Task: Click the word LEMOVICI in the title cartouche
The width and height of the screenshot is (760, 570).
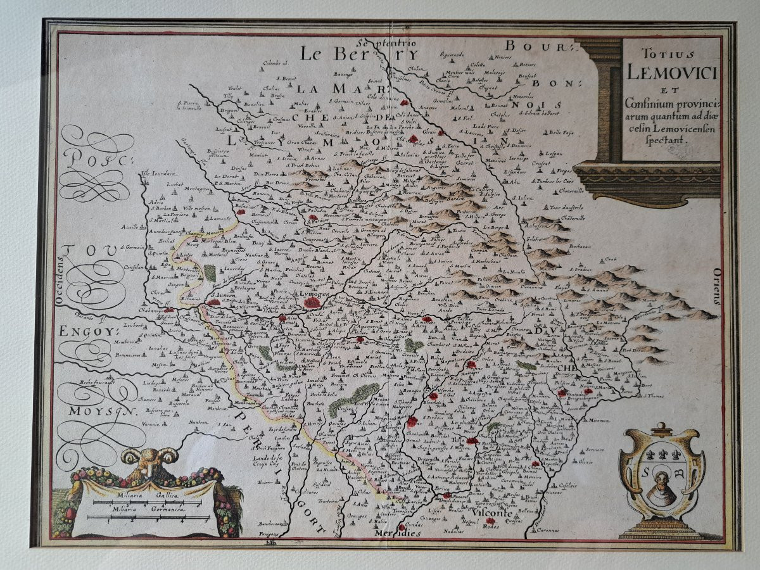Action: click(x=672, y=72)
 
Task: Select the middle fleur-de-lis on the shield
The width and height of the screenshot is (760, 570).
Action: click(x=662, y=454)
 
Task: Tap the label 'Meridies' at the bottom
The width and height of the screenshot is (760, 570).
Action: click(x=397, y=533)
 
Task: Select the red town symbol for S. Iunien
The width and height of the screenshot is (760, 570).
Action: click(x=214, y=302)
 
